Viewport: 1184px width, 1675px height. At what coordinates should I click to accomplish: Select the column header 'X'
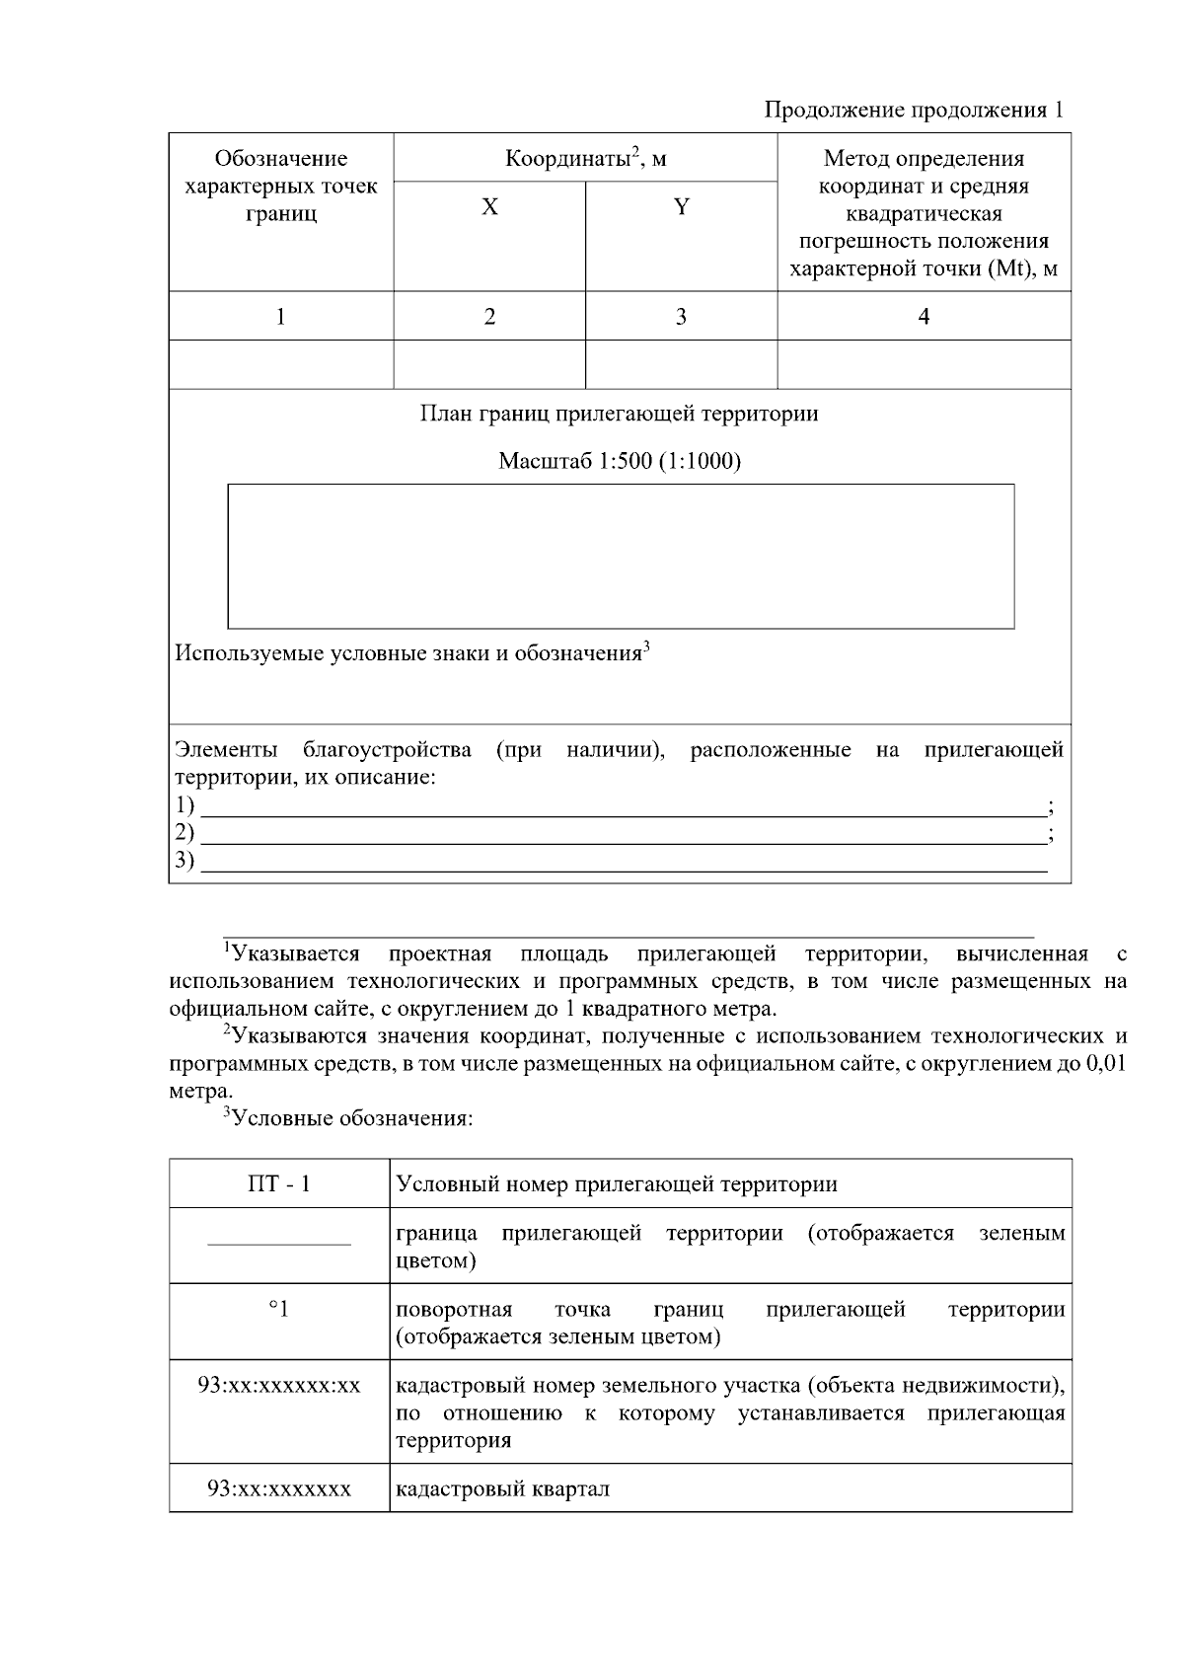point(489,207)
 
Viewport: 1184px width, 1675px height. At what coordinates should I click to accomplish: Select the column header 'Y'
point(681,207)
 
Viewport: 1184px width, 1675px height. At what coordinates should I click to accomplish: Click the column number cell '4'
point(924,316)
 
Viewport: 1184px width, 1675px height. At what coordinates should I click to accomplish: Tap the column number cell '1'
point(281,316)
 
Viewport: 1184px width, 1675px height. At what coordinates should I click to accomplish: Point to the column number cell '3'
point(681,316)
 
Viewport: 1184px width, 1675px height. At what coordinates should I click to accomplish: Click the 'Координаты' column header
point(585,158)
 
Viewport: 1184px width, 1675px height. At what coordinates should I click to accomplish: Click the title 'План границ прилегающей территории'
point(619,413)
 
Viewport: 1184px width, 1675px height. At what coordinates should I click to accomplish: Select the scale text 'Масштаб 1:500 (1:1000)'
point(619,461)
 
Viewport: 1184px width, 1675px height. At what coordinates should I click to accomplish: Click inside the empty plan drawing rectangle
point(621,556)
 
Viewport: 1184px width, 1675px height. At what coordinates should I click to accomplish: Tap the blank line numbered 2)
point(622,834)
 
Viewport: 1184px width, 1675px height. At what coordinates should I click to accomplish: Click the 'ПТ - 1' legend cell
point(279,1183)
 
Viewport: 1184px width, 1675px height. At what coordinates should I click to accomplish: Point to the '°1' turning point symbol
point(279,1310)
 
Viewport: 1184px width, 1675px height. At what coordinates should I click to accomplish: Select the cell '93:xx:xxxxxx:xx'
point(279,1386)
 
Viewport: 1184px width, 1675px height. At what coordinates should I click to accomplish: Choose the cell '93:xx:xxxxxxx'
point(279,1488)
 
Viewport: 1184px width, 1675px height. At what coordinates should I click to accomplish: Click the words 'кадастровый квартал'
point(502,1488)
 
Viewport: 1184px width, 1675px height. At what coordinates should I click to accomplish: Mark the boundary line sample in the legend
point(279,1245)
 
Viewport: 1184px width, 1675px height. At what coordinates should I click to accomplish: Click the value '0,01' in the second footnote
point(1105,1064)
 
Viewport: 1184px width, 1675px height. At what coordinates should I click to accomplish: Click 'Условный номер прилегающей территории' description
point(617,1183)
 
